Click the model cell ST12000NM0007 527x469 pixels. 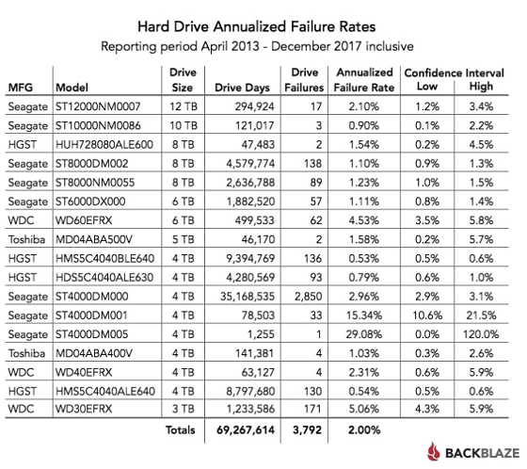[98, 106]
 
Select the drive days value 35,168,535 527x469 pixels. [248, 297]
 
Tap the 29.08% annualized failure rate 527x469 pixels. [364, 334]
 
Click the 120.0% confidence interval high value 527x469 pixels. [481, 334]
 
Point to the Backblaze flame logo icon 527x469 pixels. [434, 451]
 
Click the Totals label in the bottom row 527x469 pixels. [180, 430]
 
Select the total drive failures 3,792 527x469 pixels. [307, 430]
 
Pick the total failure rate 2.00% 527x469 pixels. [364, 430]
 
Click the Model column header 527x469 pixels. [72, 88]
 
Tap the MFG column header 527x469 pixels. [21, 88]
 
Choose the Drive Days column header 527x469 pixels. [243, 88]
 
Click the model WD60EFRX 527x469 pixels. [84, 220]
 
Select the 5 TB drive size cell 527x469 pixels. [184, 239]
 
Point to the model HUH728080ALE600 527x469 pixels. [104, 145]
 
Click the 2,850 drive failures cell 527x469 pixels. [309, 297]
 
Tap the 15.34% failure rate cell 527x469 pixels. [364, 315]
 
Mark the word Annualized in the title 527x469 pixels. [249, 26]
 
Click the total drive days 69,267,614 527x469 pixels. [246, 430]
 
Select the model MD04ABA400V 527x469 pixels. [94, 353]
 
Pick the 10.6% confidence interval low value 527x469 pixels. [427, 315]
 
